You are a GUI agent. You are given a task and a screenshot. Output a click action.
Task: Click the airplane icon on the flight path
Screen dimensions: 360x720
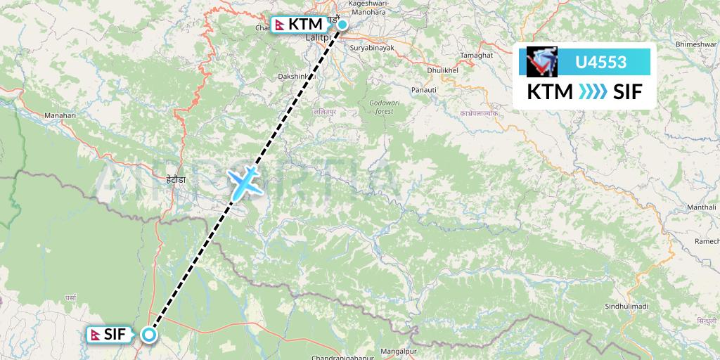[x=243, y=181]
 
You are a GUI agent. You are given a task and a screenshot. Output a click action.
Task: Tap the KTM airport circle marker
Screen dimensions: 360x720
[x=342, y=25]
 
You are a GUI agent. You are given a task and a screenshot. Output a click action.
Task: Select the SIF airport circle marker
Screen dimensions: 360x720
[x=149, y=335]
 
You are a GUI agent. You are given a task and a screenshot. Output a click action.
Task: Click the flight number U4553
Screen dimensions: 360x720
[x=600, y=63]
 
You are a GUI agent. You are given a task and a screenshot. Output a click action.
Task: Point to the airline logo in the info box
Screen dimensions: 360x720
[x=541, y=62]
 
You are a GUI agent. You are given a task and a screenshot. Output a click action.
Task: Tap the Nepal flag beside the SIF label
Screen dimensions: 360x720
[x=96, y=335]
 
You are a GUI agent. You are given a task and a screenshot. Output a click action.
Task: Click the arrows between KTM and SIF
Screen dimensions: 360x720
[x=584, y=92]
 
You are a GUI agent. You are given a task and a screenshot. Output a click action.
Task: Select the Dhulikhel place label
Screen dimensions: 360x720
[x=443, y=70]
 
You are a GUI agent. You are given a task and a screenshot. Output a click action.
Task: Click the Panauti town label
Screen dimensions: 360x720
[x=425, y=90]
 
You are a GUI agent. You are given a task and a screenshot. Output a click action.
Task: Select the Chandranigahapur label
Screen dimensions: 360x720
[x=345, y=357]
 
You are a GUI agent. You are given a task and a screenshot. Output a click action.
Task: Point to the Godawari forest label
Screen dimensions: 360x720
[x=380, y=107]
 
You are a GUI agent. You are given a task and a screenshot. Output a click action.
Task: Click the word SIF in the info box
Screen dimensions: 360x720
[x=628, y=92]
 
